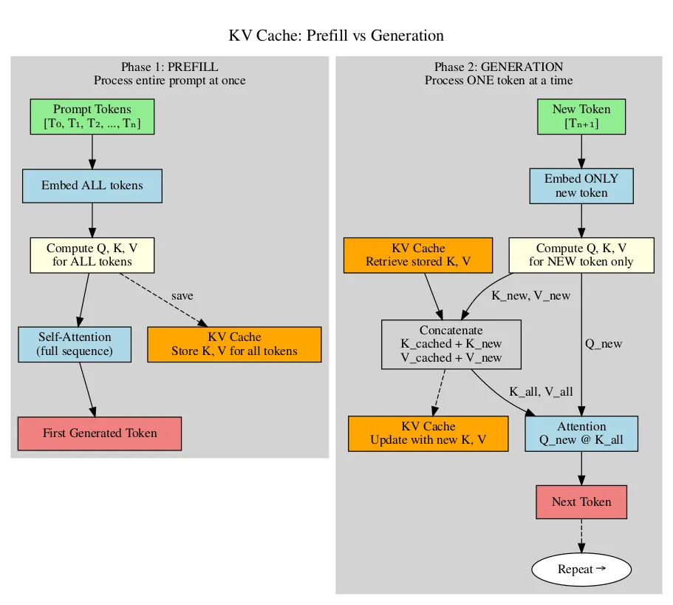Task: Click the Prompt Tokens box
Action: [92, 116]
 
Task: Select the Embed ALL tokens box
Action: [92, 186]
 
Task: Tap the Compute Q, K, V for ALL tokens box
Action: [92, 255]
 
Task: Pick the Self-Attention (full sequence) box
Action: [75, 344]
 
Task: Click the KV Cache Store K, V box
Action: [234, 344]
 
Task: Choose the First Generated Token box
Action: [100, 433]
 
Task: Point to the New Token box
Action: [581, 116]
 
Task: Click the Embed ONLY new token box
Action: [581, 186]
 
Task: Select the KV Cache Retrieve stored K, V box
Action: [418, 255]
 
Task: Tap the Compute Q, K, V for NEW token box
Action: [581, 255]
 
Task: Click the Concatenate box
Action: [451, 344]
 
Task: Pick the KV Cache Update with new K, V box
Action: [428, 433]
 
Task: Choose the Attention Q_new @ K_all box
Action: [581, 433]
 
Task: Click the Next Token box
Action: [581, 502]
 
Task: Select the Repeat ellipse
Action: [581, 569]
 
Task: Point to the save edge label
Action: [182, 296]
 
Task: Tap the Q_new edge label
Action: [603, 344]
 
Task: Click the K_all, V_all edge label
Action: [541, 391]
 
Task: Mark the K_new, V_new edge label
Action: [530, 296]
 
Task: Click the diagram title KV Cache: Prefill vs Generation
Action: [336, 36]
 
